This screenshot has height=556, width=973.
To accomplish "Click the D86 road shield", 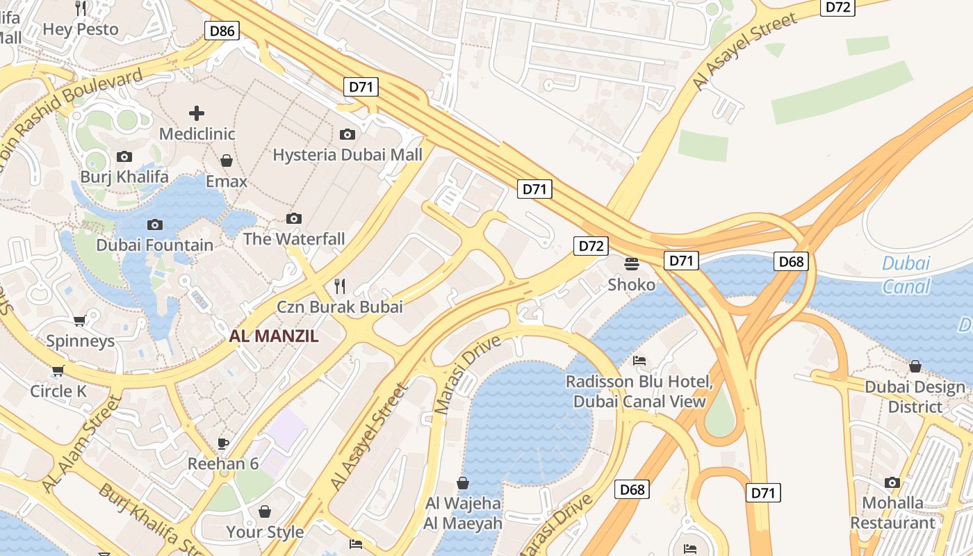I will [222, 30].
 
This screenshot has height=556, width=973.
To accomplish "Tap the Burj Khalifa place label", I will [124, 177].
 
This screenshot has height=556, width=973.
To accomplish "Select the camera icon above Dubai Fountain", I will [155, 224].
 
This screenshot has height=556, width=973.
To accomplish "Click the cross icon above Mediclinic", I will [197, 113].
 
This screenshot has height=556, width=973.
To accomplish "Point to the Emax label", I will [227, 181].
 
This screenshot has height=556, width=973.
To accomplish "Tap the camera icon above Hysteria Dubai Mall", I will [347, 134].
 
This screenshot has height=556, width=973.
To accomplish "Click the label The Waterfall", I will [294, 239].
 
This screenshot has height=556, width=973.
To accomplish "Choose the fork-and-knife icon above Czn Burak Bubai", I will [340, 286].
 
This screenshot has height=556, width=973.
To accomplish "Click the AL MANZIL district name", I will [274, 336].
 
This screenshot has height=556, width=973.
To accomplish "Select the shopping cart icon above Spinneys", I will [80, 320].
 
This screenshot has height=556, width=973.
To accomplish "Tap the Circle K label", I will [58, 391].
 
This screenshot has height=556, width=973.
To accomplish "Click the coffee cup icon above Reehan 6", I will [223, 443].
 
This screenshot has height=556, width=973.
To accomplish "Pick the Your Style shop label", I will [265, 532].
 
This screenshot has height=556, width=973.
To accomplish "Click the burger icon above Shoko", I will [632, 264].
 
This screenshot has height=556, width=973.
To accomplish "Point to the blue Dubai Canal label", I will [906, 275].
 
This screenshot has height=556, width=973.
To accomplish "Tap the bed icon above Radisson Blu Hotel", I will [639, 361].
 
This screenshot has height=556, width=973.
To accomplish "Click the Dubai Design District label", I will [915, 397].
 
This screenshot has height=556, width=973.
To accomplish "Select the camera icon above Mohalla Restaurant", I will [892, 482].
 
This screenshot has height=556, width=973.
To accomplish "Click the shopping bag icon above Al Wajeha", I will [463, 482].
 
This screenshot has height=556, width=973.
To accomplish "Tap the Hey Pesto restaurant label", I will [81, 29].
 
